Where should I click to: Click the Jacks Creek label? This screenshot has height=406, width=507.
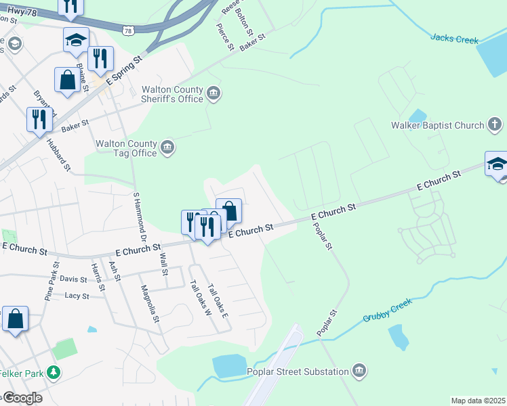coord(454,39)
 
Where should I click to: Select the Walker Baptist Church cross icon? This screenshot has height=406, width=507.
coord(495,125)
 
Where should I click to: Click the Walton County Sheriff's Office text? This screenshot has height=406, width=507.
coord(172,94)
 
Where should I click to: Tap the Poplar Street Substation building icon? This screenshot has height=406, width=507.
coord(359,371)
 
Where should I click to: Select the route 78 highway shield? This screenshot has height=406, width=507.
coord(129,30)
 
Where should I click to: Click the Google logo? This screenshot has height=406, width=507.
coord(22,397)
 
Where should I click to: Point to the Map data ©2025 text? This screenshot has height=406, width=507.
coord(478,401)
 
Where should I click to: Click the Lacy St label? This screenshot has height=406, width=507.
coord(77,296)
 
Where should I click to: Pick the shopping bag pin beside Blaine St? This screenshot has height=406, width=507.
coord(68,80)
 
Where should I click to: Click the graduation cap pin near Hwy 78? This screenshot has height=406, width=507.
coord(76,40)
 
